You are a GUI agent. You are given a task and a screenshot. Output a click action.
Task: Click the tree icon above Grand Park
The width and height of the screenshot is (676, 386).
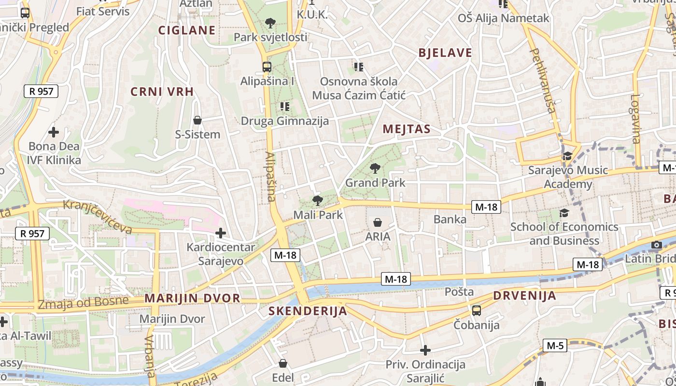point(374,168)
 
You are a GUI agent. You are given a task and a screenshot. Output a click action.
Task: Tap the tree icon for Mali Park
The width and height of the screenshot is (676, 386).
point(317,201)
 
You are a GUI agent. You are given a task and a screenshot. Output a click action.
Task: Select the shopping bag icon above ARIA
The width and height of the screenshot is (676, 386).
point(378,222)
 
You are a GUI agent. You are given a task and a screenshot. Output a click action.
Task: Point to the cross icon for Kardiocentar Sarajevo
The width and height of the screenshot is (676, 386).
point(221,234)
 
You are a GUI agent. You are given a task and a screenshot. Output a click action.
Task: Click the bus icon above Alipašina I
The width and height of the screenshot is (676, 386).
point(267,67)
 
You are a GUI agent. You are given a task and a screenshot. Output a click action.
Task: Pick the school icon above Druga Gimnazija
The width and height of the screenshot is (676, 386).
point(284,106)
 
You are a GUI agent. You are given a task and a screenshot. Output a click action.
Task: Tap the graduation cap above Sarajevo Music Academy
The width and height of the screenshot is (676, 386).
point(567,156)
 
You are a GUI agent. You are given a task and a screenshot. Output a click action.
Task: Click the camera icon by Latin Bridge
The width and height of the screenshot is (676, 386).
point(656,245)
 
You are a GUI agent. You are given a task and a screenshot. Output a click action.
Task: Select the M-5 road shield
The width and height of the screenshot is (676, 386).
point(555,345)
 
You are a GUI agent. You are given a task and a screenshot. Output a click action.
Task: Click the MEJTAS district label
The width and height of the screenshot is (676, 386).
point(406,129)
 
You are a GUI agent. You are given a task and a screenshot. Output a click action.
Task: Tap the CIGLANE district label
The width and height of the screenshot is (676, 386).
point(187,30)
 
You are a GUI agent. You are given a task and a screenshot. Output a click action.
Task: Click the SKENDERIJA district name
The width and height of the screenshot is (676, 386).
point(308,311)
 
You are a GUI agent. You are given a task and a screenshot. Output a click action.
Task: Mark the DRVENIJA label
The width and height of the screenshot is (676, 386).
point(525,296)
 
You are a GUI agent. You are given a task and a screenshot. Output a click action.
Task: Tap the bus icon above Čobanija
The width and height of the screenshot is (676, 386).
point(477,310)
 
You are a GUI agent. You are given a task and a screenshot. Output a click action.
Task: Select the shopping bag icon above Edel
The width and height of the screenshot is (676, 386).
point(283,363)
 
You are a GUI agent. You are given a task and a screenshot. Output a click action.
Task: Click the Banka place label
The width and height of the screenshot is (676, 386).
point(450,220)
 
